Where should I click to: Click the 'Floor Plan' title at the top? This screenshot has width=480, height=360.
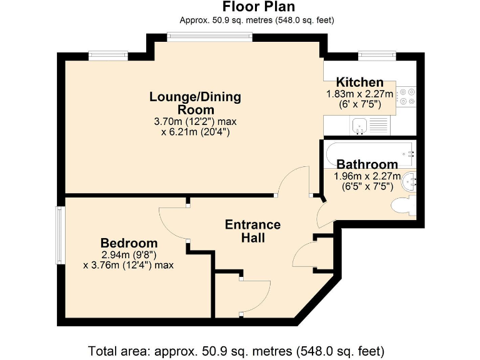pyautogui.click(x=259, y=6)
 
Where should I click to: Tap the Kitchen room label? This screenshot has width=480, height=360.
pyautogui.click(x=360, y=82)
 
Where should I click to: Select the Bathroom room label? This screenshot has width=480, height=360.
pyautogui.click(x=367, y=164)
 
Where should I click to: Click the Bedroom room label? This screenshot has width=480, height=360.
pyautogui.click(x=129, y=243)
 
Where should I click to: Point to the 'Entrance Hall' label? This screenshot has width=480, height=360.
pyautogui.click(x=252, y=231)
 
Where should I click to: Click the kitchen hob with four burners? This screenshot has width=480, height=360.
pyautogui.click(x=406, y=96)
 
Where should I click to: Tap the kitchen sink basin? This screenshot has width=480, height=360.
pyautogui.click(x=359, y=126)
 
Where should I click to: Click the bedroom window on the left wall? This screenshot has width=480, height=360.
pyautogui.click(x=59, y=235)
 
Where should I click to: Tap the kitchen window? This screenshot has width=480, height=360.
pyautogui.click(x=377, y=56)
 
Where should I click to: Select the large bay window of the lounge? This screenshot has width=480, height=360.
pyautogui.click(x=210, y=37)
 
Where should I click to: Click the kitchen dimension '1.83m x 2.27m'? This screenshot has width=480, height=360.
pyautogui.click(x=360, y=94)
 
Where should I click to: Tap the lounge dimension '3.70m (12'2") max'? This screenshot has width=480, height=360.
pyautogui.click(x=195, y=121)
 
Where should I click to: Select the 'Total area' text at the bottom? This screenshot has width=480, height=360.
pyautogui.click(x=236, y=351)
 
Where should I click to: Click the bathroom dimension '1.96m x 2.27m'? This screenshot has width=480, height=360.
pyautogui.click(x=367, y=176)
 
